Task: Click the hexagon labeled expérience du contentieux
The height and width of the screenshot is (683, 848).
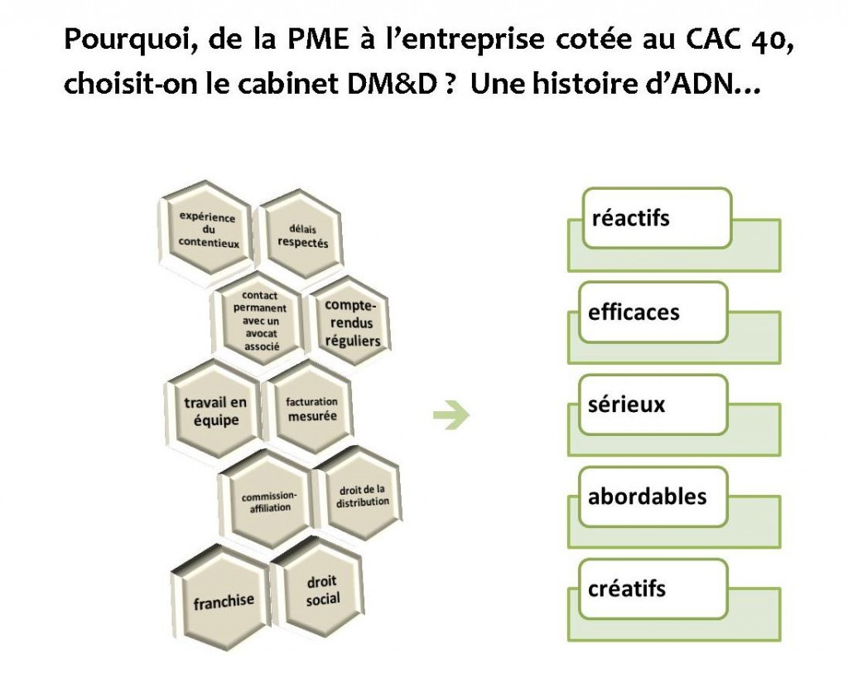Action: pyautogui.click(x=207, y=230)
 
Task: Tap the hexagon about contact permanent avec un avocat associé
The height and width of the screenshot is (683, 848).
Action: pyautogui.click(x=260, y=322)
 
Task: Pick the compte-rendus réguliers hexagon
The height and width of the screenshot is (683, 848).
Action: pyautogui.click(x=351, y=322)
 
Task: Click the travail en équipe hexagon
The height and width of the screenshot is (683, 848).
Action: pyautogui.click(x=214, y=410)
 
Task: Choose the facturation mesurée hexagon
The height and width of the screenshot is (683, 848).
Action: pyautogui.click(x=311, y=409)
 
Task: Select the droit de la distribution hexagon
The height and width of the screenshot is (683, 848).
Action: pyautogui.click(x=362, y=497)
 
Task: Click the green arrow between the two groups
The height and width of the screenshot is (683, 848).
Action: pyautogui.click(x=451, y=415)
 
